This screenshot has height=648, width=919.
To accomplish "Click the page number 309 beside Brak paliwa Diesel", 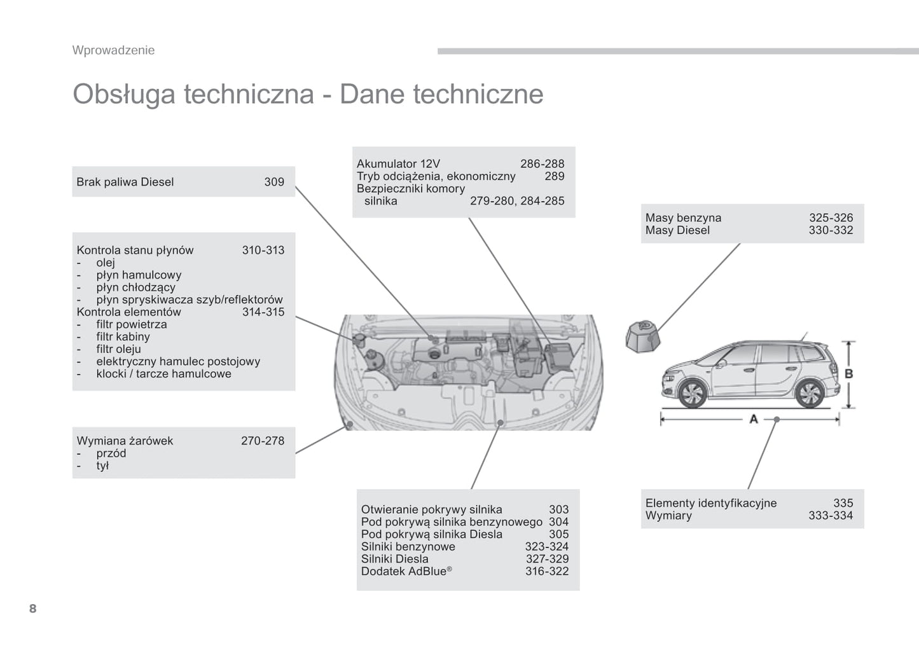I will pos(274,182).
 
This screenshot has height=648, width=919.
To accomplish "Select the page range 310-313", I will pos(263,250).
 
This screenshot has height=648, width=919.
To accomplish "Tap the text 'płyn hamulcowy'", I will pos(139,275).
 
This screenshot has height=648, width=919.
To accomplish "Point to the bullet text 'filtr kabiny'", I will pos(123,336).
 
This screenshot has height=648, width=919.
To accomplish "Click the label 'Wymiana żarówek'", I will pos(125,441).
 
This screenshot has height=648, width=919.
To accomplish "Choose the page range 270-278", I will pos(262,441).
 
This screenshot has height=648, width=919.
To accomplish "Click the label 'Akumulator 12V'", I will pos(398,163).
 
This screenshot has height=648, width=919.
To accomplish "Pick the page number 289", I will pos(554,176).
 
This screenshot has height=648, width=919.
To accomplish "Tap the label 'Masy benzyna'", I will pos(683,217).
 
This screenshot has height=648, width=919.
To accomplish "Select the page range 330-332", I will pos(831,230).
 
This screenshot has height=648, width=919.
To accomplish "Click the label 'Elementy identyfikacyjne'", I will pos(710,503).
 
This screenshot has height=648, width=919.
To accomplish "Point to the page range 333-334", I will pos(830,516).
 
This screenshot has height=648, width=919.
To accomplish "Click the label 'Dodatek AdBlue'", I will pos(403,571).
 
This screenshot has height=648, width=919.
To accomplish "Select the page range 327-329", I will pos(547,559).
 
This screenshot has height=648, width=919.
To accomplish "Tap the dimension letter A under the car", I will pos(754,419).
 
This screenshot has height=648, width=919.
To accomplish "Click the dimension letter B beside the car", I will pos(848,374).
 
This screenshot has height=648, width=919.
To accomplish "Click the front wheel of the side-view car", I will pos(691,394).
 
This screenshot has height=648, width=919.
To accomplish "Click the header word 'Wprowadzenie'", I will pos(113,50).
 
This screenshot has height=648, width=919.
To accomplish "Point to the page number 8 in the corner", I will pos(33,609).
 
